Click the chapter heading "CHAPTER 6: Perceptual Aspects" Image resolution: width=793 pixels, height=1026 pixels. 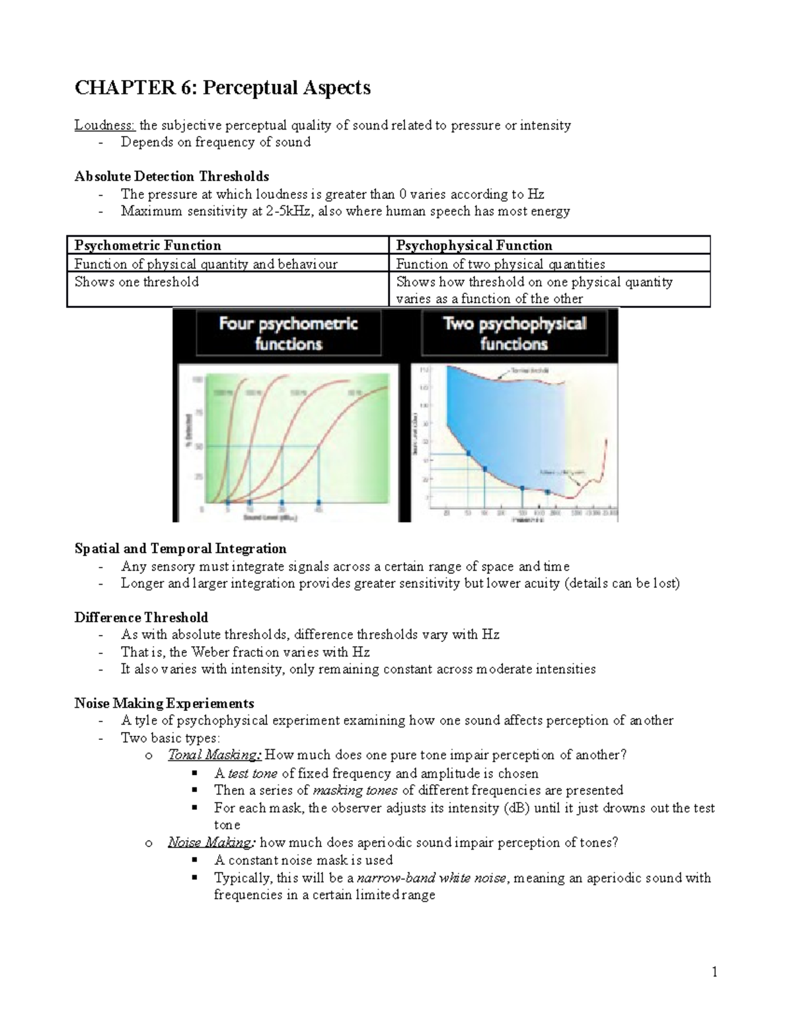point(222,88)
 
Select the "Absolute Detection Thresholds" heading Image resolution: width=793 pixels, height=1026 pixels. point(172,176)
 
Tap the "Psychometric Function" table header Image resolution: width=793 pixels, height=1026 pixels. point(147,246)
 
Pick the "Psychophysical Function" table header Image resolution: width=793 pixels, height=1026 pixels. point(474,246)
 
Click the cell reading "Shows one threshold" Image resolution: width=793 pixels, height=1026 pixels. point(136,282)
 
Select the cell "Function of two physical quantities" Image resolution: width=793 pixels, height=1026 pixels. point(500,264)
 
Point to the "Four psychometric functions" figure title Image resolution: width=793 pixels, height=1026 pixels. point(288,334)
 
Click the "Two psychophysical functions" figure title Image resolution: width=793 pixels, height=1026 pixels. point(513,334)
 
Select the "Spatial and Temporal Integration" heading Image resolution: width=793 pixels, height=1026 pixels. point(180,549)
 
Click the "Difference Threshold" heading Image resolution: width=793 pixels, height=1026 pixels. point(141,618)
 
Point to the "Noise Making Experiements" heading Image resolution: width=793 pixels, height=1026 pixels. point(164,704)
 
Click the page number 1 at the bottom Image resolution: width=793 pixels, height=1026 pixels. point(714,972)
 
